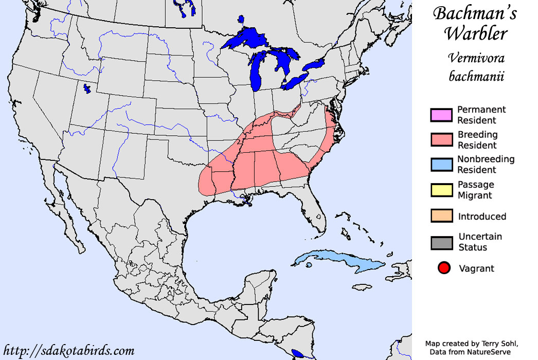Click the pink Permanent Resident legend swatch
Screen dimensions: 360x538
[x=441, y=115]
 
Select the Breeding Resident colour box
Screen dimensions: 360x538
[x=441, y=139]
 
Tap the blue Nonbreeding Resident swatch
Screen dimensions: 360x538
[x=441, y=164]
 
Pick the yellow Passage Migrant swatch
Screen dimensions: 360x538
[x=441, y=190]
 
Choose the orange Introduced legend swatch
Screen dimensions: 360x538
[x=441, y=216]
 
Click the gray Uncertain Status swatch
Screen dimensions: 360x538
[x=441, y=242]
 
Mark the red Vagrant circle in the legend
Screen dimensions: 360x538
[x=444, y=268]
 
